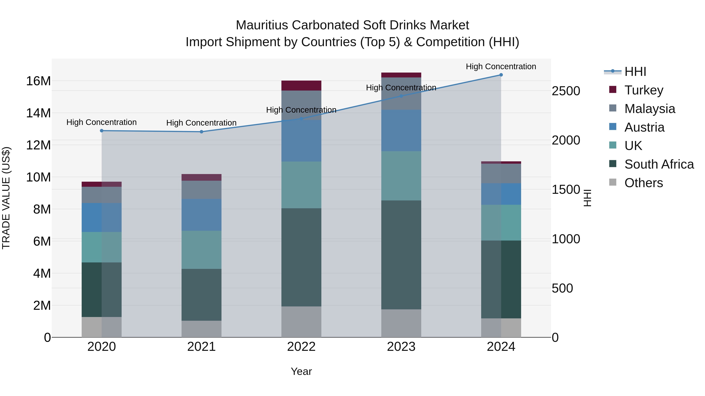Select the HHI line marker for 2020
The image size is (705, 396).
[x=101, y=131]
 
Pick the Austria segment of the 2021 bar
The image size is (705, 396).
[x=202, y=215]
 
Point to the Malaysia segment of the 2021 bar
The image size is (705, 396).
[x=202, y=190]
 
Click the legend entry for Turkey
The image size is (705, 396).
[x=644, y=90]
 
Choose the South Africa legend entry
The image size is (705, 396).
[x=659, y=164]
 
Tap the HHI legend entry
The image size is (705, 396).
[x=635, y=72]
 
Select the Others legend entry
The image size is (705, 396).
[x=644, y=183]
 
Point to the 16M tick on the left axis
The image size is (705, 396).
[x=38, y=81]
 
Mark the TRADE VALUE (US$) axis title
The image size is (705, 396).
[x=6, y=198]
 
